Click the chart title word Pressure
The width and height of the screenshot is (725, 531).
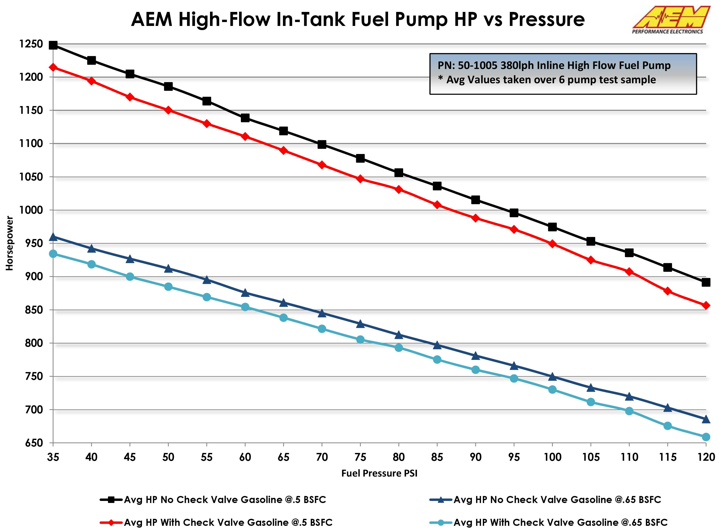click(546, 19)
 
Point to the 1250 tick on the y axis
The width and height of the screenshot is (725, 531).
click(31, 44)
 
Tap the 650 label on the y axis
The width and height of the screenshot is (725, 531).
click(34, 443)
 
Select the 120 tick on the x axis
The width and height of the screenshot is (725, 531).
click(706, 457)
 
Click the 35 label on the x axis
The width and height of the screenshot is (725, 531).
click(53, 457)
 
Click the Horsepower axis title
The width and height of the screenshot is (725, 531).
click(10, 243)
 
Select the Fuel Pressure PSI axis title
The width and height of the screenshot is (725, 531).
click(379, 473)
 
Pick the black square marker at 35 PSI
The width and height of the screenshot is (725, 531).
click(53, 45)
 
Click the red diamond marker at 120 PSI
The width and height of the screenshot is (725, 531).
click(706, 305)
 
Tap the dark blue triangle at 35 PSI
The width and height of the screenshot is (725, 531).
click(53, 237)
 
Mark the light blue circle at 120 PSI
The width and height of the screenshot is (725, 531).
click(706, 437)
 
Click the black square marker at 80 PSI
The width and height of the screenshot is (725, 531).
click(399, 173)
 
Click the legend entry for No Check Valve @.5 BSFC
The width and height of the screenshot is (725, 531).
click(225, 500)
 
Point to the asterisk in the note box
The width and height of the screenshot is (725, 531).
click(441, 78)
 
